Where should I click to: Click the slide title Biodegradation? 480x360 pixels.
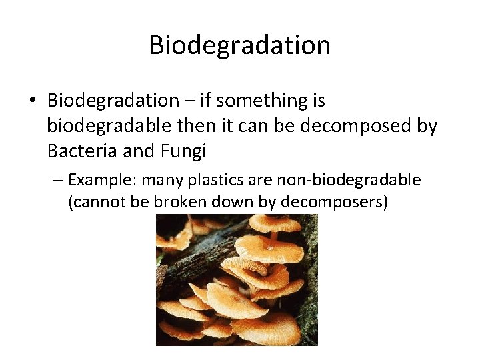240,45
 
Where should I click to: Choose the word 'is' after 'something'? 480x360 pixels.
317,101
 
